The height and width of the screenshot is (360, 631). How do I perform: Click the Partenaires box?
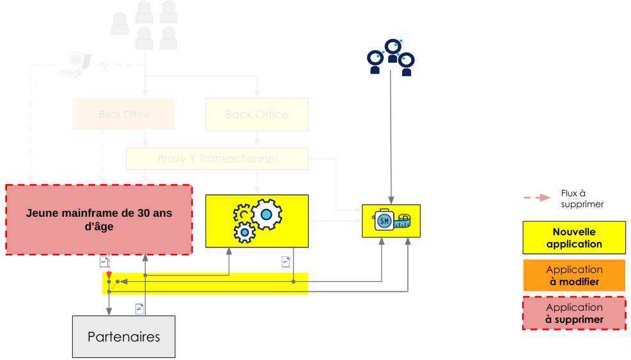[123, 336]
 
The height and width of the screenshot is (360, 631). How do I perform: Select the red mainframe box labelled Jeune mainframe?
[99, 220]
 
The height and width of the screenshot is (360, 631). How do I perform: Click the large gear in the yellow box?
[266, 213]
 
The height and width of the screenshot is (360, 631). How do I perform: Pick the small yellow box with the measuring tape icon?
[391, 221]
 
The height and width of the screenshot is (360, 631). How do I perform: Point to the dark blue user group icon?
[391, 58]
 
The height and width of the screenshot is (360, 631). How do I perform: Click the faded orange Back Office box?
[123, 114]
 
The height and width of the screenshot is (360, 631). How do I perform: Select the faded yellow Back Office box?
[256, 114]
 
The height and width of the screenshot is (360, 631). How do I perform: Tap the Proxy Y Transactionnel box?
[217, 159]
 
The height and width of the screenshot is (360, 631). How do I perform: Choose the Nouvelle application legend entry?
[574, 238]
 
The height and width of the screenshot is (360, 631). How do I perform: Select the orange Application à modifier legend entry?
[574, 276]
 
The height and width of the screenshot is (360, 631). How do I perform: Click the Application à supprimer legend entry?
[574, 313]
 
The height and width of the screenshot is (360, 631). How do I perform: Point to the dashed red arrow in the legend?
[536, 198]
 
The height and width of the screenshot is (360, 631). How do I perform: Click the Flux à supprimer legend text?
[582, 198]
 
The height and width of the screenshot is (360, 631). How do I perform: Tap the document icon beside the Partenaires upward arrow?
[139, 309]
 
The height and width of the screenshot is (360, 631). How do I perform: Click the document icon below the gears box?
[286, 262]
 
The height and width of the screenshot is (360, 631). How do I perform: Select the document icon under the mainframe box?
[104, 261]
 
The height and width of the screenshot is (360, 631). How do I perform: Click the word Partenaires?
[123, 336]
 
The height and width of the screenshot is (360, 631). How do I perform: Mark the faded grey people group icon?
[145, 26]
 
